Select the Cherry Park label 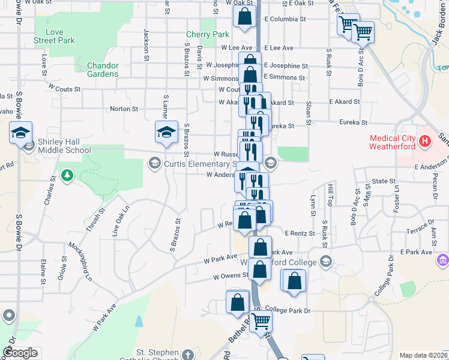click(x=208, y=35)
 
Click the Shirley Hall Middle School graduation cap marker click(x=20, y=132)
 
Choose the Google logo click(x=20, y=353)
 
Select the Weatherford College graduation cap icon click(x=325, y=261)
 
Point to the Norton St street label click(x=124, y=109)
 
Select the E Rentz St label click(x=300, y=233)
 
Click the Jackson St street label click(x=146, y=45)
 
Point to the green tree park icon click(x=67, y=175)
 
